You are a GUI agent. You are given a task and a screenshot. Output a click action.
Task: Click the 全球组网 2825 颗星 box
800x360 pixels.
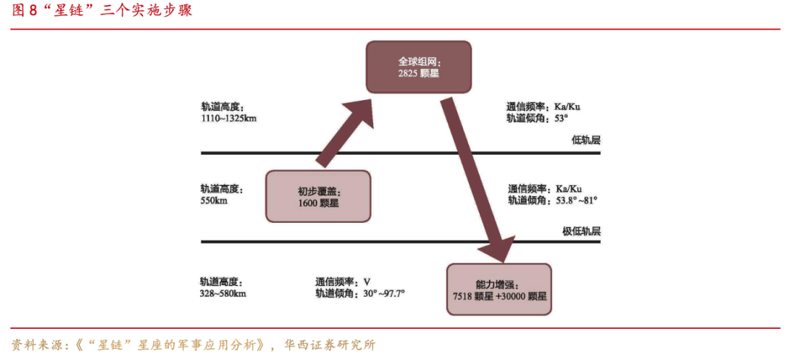(x=419, y=67)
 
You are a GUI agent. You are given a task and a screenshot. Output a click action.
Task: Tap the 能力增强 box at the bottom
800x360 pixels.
(x=499, y=289)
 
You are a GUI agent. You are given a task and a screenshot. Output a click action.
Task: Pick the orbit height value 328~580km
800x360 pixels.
(x=224, y=293)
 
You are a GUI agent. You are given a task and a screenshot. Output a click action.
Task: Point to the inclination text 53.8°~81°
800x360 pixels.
(x=576, y=201)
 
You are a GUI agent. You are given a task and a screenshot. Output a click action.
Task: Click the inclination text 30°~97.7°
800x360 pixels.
(x=384, y=293)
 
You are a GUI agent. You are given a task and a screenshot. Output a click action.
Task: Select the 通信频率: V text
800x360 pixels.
(x=342, y=282)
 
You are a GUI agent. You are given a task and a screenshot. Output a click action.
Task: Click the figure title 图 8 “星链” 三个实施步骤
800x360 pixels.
(x=102, y=11)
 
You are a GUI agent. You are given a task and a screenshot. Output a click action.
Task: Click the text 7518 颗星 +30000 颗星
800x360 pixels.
(x=499, y=296)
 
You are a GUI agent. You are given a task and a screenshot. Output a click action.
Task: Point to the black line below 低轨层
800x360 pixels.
(x=401, y=153)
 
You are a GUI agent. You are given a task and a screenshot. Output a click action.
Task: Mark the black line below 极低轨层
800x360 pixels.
(x=401, y=241)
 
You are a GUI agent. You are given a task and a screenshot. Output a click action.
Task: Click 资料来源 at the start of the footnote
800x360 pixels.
(x=36, y=345)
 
